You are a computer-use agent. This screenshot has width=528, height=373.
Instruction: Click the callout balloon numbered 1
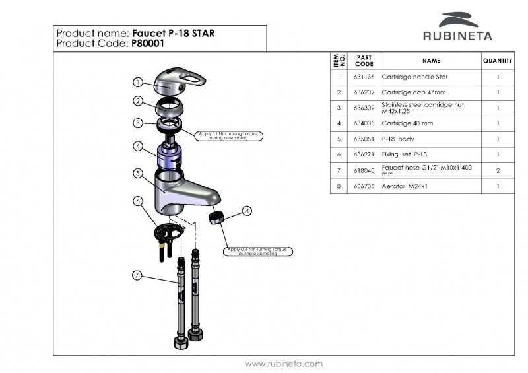point(138,82)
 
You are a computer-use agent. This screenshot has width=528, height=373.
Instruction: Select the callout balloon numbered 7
point(137,275)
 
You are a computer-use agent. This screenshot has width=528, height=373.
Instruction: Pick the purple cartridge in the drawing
point(170,157)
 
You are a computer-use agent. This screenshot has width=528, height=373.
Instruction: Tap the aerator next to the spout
point(216,218)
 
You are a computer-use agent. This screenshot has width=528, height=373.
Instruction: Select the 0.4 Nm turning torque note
point(259,251)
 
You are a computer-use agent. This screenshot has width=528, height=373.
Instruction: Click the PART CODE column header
point(364,61)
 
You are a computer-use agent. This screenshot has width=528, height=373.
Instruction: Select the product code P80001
point(148,44)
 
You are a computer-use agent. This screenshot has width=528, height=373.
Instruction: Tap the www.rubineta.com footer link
point(283,364)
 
